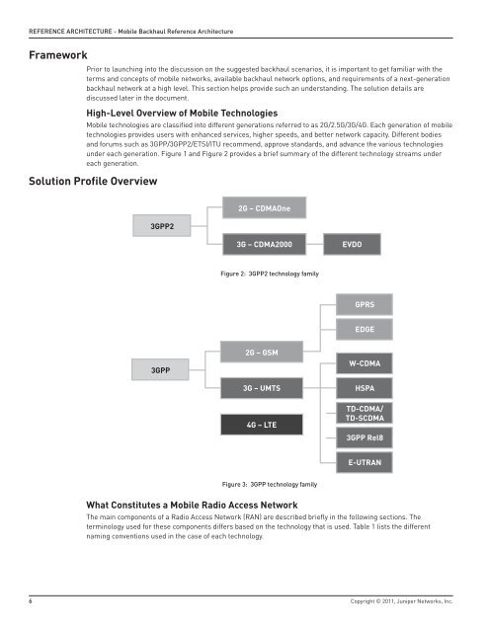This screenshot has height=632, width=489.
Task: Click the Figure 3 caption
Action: point(269,485)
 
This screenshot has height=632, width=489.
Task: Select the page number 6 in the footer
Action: point(32,600)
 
